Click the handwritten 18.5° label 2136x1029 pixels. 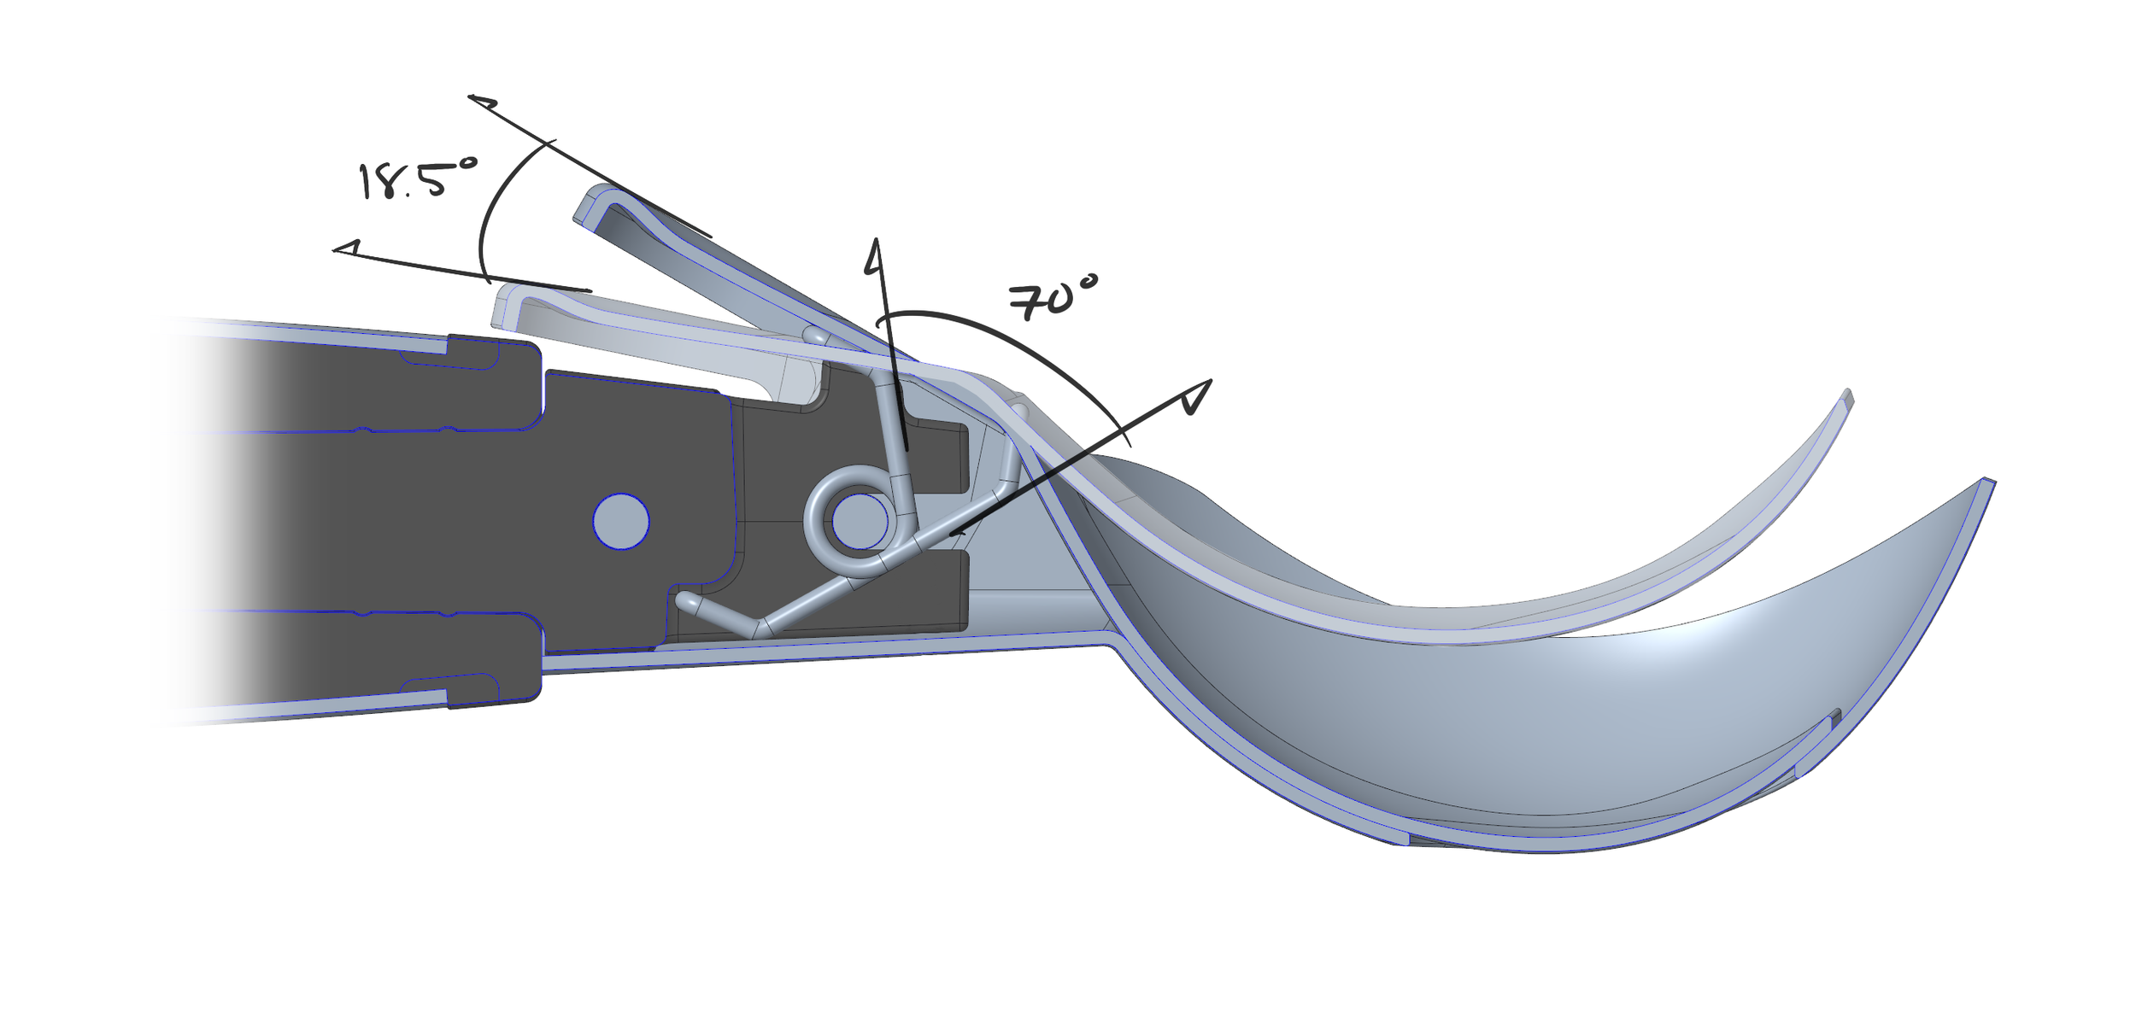(417, 178)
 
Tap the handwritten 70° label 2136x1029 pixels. (1052, 298)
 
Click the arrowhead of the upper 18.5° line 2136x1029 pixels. (482, 102)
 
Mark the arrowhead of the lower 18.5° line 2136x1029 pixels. (346, 248)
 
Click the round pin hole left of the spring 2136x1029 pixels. (621, 521)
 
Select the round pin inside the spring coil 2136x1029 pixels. (860, 522)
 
